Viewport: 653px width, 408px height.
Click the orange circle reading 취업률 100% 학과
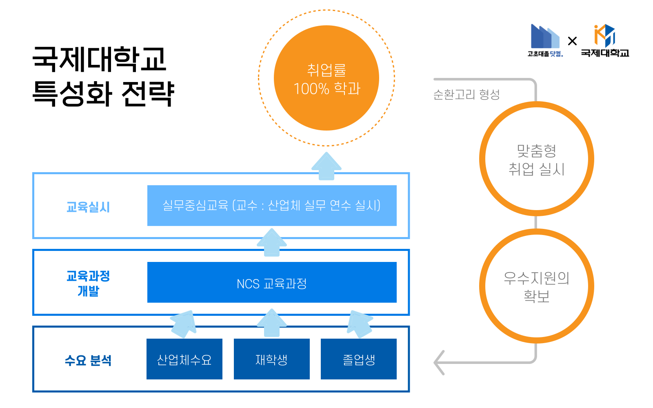pyautogui.click(x=326, y=78)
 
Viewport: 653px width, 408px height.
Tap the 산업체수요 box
pyautogui.click(x=184, y=359)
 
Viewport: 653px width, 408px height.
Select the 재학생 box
pyautogui.click(x=271, y=359)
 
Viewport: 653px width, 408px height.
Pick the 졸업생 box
pyautogui.click(x=358, y=359)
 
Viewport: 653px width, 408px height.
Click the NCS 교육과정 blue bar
pyautogui.click(x=272, y=282)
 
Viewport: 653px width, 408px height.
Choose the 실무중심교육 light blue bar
pyautogui.click(x=272, y=206)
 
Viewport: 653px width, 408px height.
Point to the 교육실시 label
pyautogui.click(x=88, y=207)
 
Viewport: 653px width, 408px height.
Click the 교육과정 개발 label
pyautogui.click(x=88, y=283)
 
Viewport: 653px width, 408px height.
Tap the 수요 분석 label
pyautogui.click(x=88, y=360)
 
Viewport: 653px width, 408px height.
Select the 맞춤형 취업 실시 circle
pyautogui.click(x=536, y=159)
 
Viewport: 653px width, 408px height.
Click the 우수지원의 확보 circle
pyautogui.click(x=536, y=286)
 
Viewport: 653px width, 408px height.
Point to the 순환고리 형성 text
pyautogui.click(x=466, y=95)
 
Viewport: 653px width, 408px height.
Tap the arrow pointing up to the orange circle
pyautogui.click(x=326, y=166)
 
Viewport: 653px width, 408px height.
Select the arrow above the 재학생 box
pyautogui.click(x=272, y=323)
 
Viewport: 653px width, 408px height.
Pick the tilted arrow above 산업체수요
pyautogui.click(x=184, y=323)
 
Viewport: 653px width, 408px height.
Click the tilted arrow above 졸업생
pyautogui.click(x=360, y=323)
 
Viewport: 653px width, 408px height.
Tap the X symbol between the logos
pyautogui.click(x=572, y=41)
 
